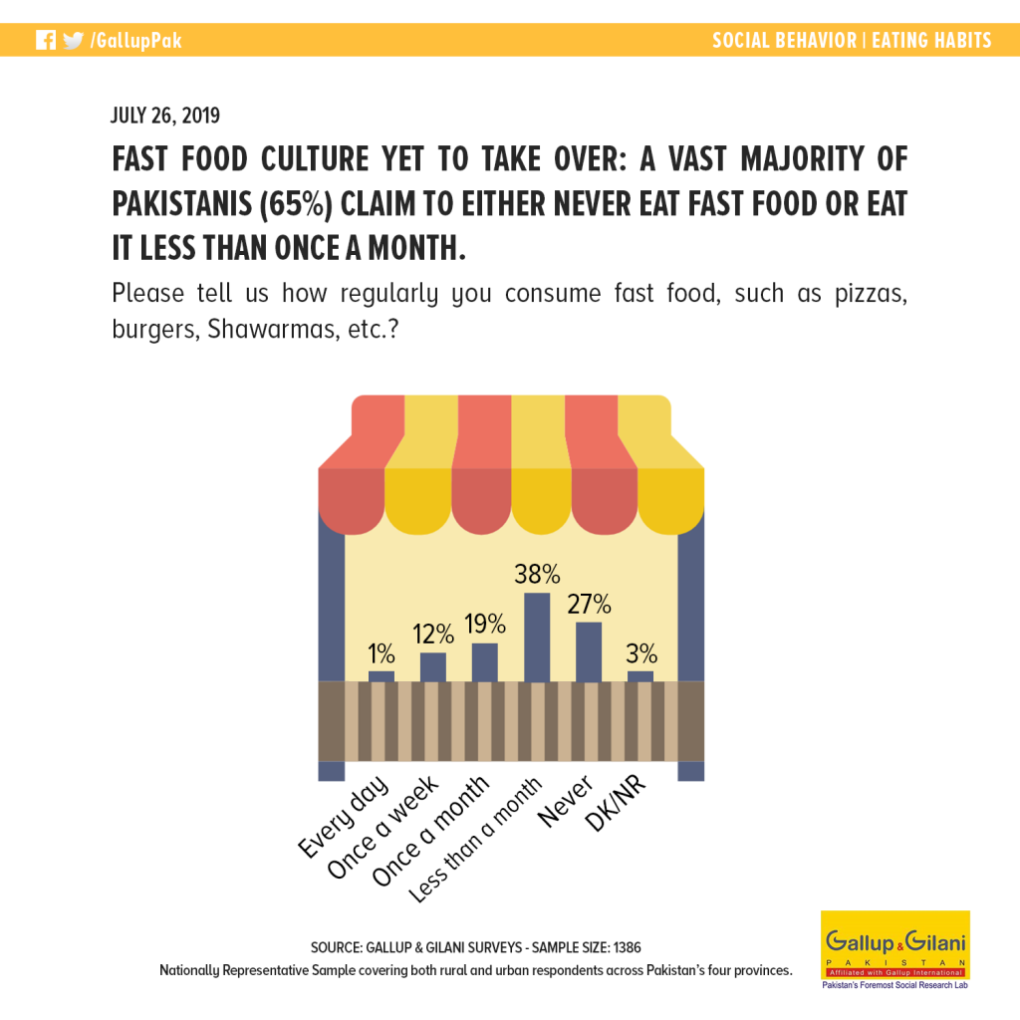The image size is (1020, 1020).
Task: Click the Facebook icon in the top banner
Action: pyautogui.click(x=46, y=40)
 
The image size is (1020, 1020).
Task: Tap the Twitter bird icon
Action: pyautogui.click(x=74, y=40)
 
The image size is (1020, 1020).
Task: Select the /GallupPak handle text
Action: pyautogui.click(x=135, y=41)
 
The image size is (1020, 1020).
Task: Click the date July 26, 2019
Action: pyautogui.click(x=165, y=116)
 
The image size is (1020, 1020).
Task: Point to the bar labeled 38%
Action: pyautogui.click(x=537, y=637)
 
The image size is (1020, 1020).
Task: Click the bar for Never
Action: pyautogui.click(x=589, y=651)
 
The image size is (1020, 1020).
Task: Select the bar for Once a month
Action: pyautogui.click(x=485, y=662)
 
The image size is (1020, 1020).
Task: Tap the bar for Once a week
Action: pyautogui.click(x=433, y=666)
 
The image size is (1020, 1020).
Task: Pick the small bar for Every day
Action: pyautogui.click(x=382, y=676)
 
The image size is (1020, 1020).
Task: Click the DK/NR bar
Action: pyautogui.click(x=640, y=676)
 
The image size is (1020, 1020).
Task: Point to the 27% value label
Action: pyautogui.click(x=589, y=605)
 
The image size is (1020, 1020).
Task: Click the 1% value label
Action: pyautogui.click(x=382, y=653)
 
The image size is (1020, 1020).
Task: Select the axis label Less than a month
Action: pyautogui.click(x=475, y=839)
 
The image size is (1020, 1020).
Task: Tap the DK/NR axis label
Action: pyautogui.click(x=616, y=804)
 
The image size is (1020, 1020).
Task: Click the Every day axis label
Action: pyautogui.click(x=344, y=817)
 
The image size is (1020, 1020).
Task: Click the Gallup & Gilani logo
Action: pyautogui.click(x=895, y=949)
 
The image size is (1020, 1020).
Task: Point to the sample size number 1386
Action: pyautogui.click(x=627, y=947)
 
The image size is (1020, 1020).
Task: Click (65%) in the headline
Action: pyautogui.click(x=296, y=204)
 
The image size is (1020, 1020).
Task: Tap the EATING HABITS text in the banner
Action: pyautogui.click(x=931, y=40)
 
